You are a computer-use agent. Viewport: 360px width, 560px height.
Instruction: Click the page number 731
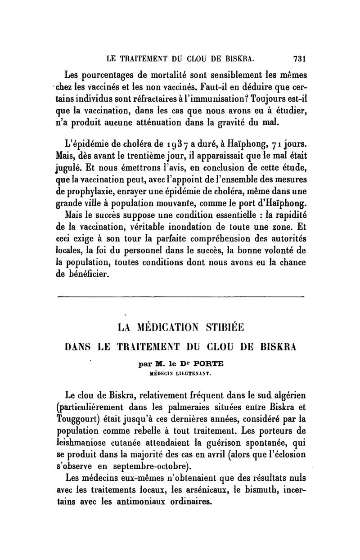tap(299, 58)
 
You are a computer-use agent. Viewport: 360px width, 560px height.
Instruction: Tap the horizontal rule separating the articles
tap(182, 297)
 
